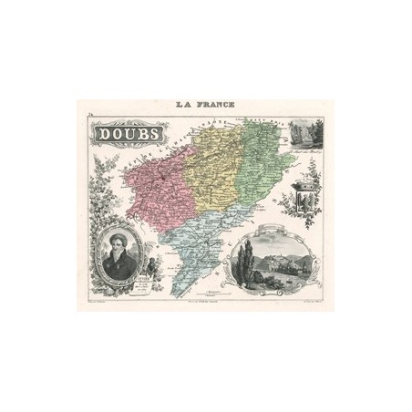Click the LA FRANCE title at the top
[205, 107]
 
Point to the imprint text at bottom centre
[205, 303]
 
